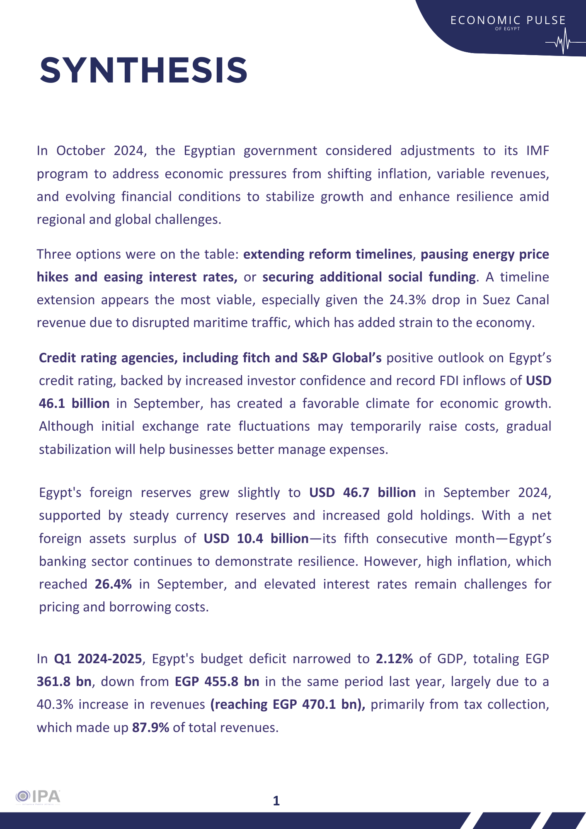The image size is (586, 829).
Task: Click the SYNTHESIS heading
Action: click(143, 70)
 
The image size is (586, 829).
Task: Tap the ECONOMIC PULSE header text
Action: click(508, 20)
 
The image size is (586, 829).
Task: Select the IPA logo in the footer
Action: click(38, 797)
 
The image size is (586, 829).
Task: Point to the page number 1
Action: click(276, 801)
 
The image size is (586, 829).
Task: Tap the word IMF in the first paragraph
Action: click(537, 150)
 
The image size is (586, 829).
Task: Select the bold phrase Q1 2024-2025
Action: click(98, 659)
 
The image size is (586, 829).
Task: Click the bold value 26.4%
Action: click(113, 584)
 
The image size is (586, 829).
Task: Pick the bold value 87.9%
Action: click(150, 727)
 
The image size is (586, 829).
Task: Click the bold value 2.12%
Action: click(394, 659)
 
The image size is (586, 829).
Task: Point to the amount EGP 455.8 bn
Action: click(217, 681)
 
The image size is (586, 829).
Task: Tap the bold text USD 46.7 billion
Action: click(362, 492)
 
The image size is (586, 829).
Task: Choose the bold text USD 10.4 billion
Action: click(256, 538)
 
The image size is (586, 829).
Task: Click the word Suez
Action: click(495, 300)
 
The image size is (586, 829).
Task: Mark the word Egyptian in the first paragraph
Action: click(209, 150)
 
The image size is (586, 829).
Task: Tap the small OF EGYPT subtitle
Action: click(507, 29)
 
